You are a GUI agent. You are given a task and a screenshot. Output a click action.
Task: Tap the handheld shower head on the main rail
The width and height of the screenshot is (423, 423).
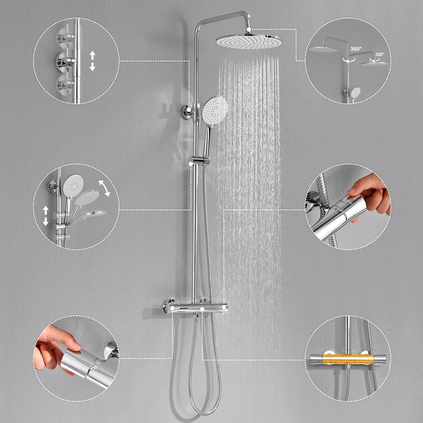pyautogui.click(x=214, y=108)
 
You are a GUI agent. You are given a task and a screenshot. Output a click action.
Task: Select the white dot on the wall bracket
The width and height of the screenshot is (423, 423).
pyautogui.click(x=189, y=109)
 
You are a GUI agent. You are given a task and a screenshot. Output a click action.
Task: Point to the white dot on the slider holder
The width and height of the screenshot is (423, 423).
pyautogui.click(x=191, y=164)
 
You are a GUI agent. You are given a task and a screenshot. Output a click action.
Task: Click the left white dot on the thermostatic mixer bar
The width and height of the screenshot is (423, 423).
pyautogui.click(x=172, y=308)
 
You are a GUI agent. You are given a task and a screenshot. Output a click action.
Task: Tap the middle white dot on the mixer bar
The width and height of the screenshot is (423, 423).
pyautogui.click(x=202, y=309)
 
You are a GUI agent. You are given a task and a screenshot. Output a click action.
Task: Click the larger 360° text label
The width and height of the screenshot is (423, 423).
pyautogui.click(x=356, y=49)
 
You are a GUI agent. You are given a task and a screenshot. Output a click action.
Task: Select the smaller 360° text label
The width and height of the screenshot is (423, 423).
pyautogui.click(x=380, y=54)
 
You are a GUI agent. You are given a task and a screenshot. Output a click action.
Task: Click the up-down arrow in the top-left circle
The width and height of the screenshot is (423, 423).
pyautogui.click(x=92, y=61)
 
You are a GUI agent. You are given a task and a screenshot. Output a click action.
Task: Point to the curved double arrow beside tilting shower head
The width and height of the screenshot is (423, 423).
pyautogui.click(x=104, y=188)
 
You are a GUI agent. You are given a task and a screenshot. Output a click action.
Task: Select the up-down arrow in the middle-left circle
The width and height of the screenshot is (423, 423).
pyautogui.click(x=46, y=216)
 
